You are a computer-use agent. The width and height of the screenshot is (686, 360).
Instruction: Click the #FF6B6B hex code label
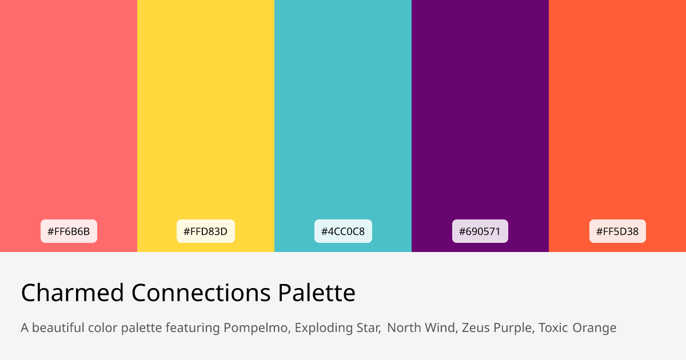click(69, 231)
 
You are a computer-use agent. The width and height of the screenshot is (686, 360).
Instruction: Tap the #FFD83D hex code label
click(206, 231)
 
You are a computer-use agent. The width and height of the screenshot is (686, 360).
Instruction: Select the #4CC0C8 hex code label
click(343, 231)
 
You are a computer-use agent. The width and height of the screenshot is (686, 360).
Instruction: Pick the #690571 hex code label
click(480, 231)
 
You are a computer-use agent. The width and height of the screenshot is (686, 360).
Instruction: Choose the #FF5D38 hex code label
click(617, 231)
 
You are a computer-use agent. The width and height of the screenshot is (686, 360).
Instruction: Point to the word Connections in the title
click(201, 293)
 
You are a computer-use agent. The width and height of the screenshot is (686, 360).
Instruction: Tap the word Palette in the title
click(317, 293)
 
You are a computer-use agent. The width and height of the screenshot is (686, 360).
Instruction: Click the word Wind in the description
click(440, 328)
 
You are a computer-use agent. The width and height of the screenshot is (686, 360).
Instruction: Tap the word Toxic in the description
click(553, 328)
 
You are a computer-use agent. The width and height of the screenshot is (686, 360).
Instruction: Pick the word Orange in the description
click(595, 328)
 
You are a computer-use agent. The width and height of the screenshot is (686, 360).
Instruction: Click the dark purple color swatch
click(480, 114)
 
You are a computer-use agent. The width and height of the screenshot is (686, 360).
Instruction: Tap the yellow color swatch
click(206, 114)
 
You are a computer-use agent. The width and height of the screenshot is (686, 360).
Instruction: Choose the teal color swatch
click(343, 114)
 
